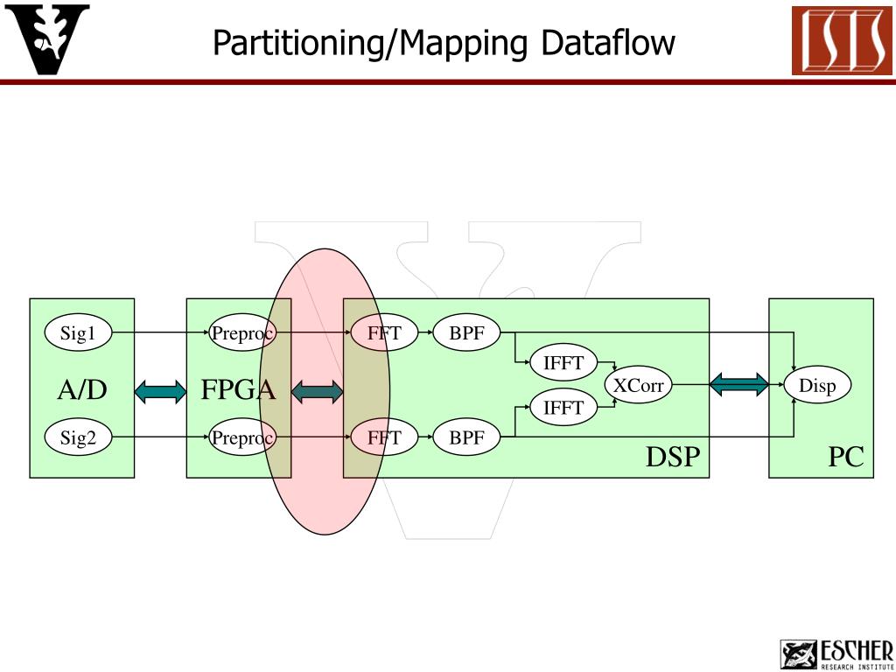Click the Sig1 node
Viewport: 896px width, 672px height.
pyautogui.click(x=78, y=333)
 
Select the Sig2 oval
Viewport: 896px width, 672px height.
pyautogui.click(x=78, y=438)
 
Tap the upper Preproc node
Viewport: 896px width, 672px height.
pyautogui.click(x=242, y=333)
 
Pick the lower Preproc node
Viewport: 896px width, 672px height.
pyautogui.click(x=242, y=438)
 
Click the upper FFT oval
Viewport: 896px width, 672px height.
pyautogui.click(x=384, y=333)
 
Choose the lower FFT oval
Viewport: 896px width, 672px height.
pyautogui.click(x=384, y=438)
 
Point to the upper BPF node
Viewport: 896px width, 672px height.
pyautogui.click(x=466, y=333)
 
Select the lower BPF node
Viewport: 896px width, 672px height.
pyautogui.click(x=466, y=438)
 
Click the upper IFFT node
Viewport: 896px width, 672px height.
pyautogui.click(x=563, y=363)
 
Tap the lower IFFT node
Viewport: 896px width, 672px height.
pyautogui.click(x=563, y=407)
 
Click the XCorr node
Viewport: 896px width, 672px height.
pyautogui.click(x=638, y=386)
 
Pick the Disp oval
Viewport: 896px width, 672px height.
pyautogui.click(x=817, y=386)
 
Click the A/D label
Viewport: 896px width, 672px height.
pyautogui.click(x=82, y=390)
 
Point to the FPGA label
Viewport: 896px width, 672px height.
pyautogui.click(x=238, y=390)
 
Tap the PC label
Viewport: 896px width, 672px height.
pyautogui.click(x=846, y=457)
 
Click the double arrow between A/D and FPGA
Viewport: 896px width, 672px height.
pyautogui.click(x=161, y=390)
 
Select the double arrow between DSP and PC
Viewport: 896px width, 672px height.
pyautogui.click(x=739, y=384)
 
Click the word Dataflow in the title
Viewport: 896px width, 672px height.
pyautogui.click(x=608, y=42)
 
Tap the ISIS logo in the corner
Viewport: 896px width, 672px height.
pyautogui.click(x=842, y=41)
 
